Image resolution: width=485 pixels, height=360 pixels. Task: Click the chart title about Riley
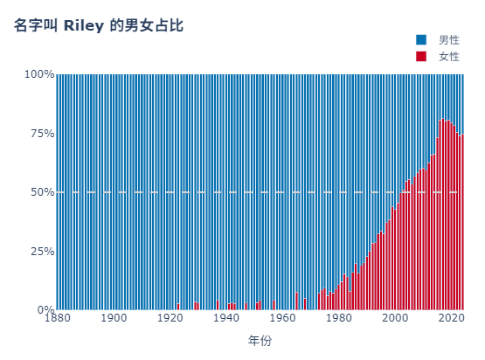[x=99, y=25]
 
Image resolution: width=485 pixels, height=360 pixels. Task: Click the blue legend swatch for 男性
[x=421, y=40]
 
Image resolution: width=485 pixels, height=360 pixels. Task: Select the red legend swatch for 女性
[x=421, y=56]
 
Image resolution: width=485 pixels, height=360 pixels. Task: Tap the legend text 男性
[x=449, y=40]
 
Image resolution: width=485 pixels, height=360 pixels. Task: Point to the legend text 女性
[x=449, y=56]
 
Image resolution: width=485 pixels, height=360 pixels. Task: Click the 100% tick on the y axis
[x=39, y=74]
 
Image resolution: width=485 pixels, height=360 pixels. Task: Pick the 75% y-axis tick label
[x=42, y=134]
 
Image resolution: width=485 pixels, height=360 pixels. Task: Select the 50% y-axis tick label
[x=42, y=192]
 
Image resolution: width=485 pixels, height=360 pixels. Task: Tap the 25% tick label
[x=42, y=251]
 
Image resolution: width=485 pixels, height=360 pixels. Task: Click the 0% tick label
[x=45, y=309]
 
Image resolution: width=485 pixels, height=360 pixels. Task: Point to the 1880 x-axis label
[x=58, y=318]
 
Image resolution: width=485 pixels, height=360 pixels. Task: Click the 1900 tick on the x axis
[x=114, y=318]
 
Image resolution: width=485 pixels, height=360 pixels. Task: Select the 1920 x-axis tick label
[x=170, y=318]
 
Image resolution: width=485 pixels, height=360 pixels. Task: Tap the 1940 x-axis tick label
[x=226, y=318]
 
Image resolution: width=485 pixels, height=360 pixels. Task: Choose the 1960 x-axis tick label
[x=283, y=318]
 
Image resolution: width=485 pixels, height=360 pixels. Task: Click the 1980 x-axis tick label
[x=339, y=318]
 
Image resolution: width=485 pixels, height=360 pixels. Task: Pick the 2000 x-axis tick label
[x=395, y=318]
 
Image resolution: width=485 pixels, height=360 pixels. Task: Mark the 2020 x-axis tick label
[x=452, y=318]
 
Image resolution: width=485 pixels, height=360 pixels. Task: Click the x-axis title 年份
[x=260, y=341]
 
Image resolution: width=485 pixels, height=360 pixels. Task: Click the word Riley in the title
[x=84, y=26]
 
